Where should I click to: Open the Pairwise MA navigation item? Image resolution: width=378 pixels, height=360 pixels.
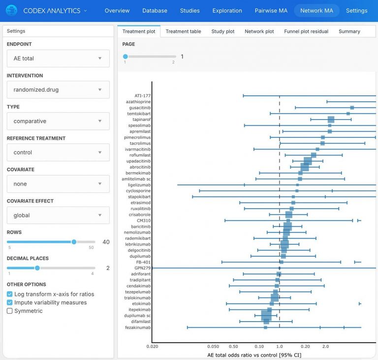tap(271, 10)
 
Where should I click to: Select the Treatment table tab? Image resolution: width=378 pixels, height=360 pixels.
tap(183, 31)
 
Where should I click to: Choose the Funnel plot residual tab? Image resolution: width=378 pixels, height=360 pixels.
tap(306, 31)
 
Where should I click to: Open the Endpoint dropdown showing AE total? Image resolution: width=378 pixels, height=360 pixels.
tap(58, 58)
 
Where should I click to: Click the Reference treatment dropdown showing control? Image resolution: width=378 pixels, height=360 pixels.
tap(58, 152)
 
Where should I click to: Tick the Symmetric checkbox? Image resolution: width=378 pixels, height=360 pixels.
tap(10, 311)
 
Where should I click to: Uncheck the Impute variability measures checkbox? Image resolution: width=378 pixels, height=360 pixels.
tap(10, 302)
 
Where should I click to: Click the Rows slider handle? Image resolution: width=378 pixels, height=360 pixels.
tap(74, 242)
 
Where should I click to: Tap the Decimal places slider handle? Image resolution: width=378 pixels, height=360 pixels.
tap(37, 268)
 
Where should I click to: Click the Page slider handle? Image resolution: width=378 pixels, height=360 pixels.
tap(126, 57)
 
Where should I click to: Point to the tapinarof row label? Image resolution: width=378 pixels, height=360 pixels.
tap(142, 120)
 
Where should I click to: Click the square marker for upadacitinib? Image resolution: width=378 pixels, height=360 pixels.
tap(308, 161)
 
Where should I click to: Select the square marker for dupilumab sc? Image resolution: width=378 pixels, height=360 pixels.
tap(266, 315)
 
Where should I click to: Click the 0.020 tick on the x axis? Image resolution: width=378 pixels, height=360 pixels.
tap(152, 346)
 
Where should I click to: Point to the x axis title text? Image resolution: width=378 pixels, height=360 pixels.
tap(254, 355)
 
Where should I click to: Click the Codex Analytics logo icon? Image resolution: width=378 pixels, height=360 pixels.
tap(11, 10)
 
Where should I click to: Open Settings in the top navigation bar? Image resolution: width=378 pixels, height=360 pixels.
tap(356, 10)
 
